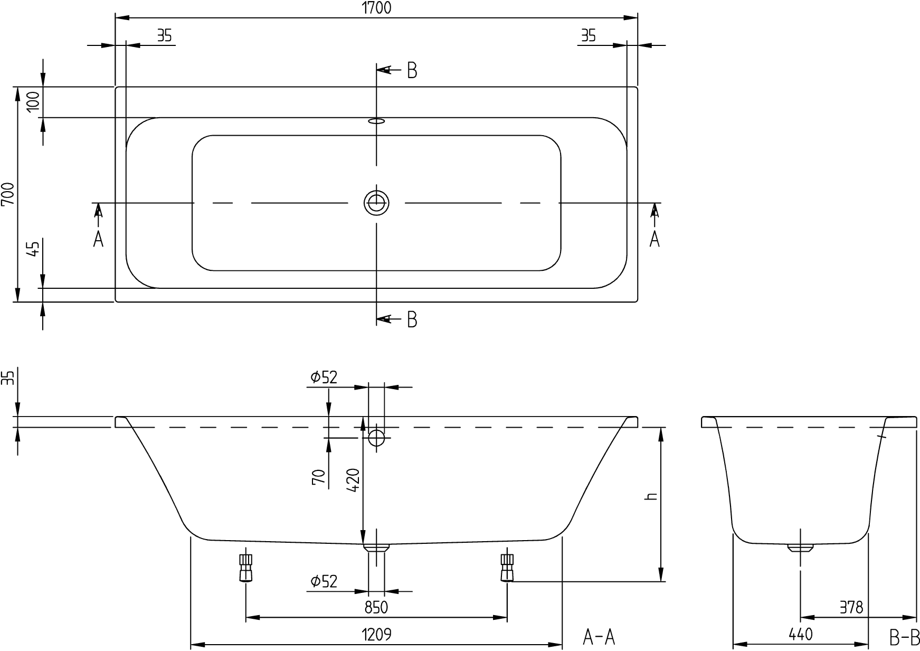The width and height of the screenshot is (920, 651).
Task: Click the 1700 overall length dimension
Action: [x=376, y=8]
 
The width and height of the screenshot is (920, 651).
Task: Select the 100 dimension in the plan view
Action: [x=33, y=101]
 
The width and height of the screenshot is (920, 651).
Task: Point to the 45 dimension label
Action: [x=33, y=248]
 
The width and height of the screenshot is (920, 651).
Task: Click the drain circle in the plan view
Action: [x=376, y=203]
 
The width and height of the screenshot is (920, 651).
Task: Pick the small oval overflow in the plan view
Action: [x=376, y=121]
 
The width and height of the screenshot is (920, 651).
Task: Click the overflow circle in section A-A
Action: [x=376, y=438]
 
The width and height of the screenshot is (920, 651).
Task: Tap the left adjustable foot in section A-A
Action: [x=246, y=567]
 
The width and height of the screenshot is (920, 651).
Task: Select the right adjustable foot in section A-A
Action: [x=507, y=567]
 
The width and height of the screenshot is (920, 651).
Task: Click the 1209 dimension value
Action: [x=376, y=634]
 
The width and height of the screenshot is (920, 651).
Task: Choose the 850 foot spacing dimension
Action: [x=376, y=608]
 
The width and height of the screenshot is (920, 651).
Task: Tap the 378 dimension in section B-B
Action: [x=850, y=608]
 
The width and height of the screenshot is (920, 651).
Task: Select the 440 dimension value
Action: [x=801, y=634]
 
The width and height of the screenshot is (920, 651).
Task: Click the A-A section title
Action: [x=599, y=637]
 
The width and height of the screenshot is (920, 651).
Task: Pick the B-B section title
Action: [x=905, y=637]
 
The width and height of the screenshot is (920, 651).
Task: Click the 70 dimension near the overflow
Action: [x=318, y=477]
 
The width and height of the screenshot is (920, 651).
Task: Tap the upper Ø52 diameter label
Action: [x=324, y=377]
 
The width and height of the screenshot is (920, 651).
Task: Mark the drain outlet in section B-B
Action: [x=801, y=548]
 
